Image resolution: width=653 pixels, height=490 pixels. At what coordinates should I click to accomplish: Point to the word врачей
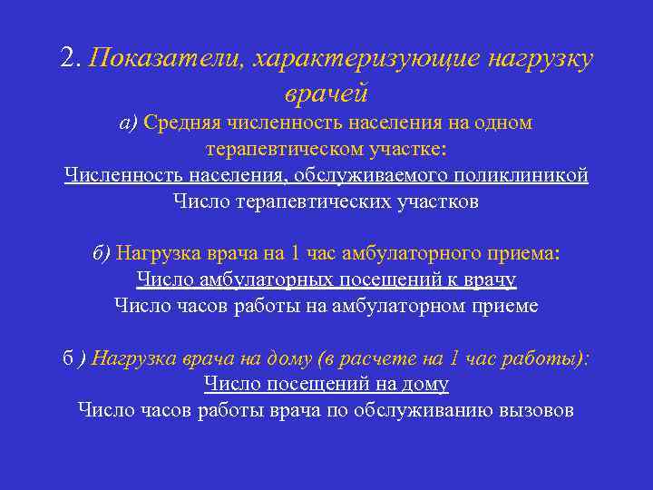click(326, 92)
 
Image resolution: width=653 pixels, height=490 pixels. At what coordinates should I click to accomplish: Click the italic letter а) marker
click(128, 122)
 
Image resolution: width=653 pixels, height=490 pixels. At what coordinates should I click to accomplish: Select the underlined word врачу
click(490, 279)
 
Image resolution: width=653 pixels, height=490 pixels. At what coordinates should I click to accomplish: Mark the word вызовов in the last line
click(536, 411)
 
